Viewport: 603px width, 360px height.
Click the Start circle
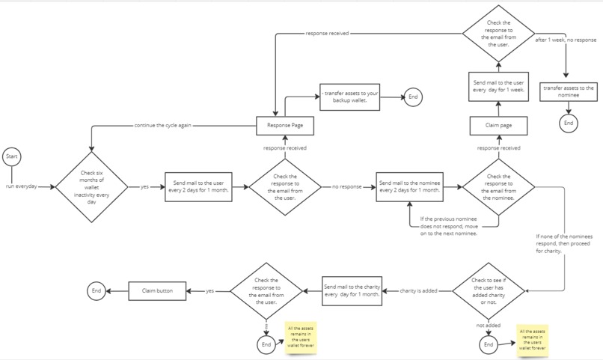12,156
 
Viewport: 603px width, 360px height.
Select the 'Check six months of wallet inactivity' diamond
93,186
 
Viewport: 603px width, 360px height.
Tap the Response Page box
284,126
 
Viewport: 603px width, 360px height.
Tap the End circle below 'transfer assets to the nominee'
569,123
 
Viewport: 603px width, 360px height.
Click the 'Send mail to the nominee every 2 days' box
410,186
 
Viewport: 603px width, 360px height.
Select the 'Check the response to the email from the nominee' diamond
499,186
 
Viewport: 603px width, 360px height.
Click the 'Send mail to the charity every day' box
352,290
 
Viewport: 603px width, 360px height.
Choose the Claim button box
157,290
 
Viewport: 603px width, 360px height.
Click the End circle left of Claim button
96,290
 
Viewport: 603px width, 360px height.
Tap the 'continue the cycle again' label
161,126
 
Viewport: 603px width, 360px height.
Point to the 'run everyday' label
21,186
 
